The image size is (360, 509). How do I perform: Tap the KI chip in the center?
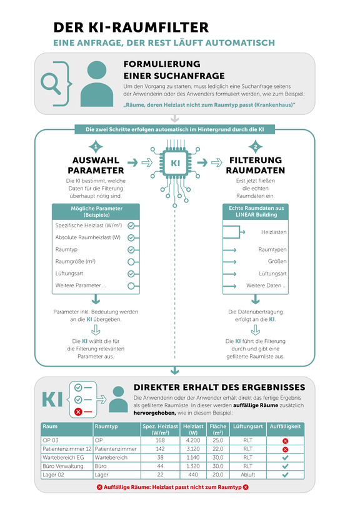[175, 162]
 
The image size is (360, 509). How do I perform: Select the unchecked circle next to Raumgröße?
[131, 262]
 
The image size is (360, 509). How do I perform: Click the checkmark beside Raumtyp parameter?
[131, 250]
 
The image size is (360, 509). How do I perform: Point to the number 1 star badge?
[96, 147]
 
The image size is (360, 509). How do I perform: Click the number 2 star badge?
[256, 147]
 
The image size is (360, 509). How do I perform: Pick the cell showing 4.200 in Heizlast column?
[193, 440]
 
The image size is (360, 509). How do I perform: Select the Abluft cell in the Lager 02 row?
[248, 475]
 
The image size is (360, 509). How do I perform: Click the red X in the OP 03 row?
[285, 441]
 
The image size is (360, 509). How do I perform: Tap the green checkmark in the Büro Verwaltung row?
[285, 466]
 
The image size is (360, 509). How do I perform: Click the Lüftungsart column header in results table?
[248, 426]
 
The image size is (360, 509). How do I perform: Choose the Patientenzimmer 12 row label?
[67, 449]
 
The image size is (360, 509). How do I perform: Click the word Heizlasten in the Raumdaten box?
[274, 232]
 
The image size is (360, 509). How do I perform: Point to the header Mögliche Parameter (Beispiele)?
[96, 212]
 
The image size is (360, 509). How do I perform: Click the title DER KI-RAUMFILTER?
[131, 27]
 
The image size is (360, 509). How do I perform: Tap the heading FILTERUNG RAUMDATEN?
[256, 166]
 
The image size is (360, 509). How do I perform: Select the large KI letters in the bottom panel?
[52, 400]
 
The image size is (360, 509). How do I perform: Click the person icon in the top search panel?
[97, 84]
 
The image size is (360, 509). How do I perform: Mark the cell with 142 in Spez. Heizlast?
[160, 449]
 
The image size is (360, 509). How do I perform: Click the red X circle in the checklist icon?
[78, 412]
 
